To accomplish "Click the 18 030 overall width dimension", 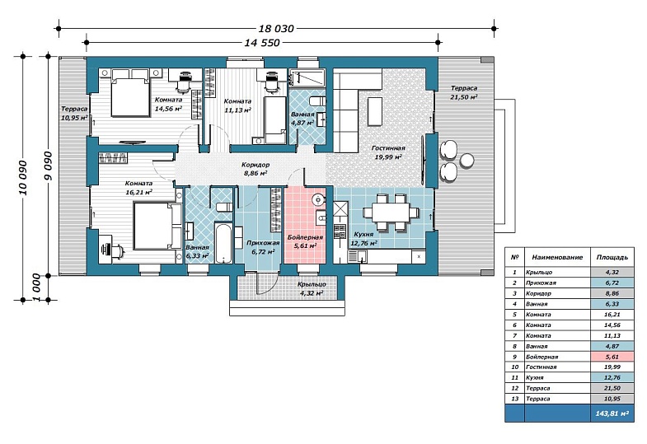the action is click(x=276, y=29).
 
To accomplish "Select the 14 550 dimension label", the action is click(x=262, y=43).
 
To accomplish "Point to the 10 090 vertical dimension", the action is click(x=23, y=178).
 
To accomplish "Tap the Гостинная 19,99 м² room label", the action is click(x=388, y=152).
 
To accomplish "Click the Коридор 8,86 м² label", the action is click(x=256, y=169).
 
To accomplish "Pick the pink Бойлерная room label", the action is click(x=305, y=242).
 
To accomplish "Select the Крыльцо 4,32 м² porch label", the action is click(x=312, y=288).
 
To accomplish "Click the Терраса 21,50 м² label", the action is click(x=464, y=92).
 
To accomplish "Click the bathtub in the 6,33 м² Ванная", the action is click(x=223, y=242).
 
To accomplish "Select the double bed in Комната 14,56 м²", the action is click(x=129, y=93).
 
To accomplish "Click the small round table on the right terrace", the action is click(x=466, y=161).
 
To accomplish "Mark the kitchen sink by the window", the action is click(x=357, y=256).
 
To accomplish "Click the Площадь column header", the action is click(x=612, y=257).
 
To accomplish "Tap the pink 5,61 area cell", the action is click(x=612, y=357).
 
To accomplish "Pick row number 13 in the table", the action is click(x=514, y=399).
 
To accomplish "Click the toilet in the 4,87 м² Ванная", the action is click(x=317, y=101).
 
